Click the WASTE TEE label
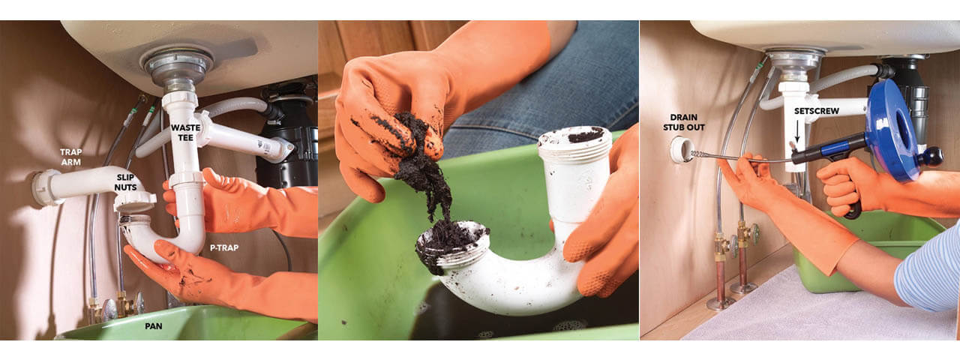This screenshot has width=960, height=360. coord(185,133)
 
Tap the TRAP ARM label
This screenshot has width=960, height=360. coord(70,157)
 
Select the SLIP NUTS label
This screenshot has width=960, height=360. coord(125,182)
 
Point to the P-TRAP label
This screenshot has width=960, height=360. coord(223,247)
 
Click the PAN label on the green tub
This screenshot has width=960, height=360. coord(154,326)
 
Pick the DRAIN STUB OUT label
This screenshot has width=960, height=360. coord(683,122)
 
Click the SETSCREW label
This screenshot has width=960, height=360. coord(817,111)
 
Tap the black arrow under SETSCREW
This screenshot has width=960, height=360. coord(797,131)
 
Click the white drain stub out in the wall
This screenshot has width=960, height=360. coord(682,149)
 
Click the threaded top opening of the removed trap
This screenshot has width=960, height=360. coord(574,139)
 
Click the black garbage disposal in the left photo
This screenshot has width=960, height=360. coord(287,137)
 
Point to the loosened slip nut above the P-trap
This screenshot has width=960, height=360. coord(135,202)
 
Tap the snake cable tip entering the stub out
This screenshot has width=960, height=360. coord(691,154)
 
